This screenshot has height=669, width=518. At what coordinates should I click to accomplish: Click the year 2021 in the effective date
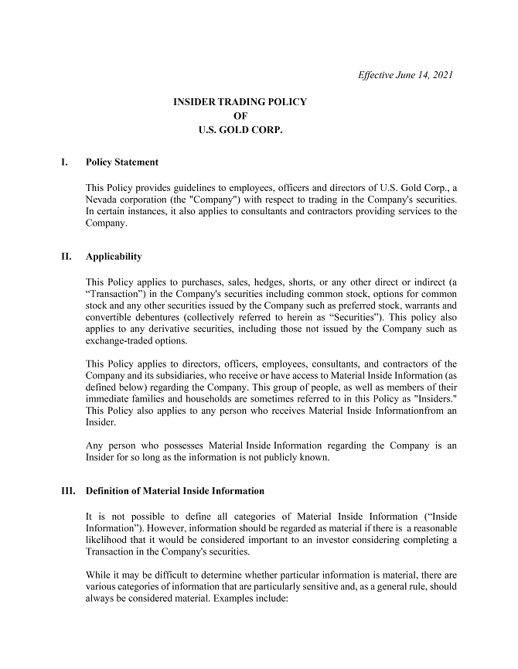(441, 75)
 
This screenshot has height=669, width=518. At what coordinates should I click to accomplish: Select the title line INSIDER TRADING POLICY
(240, 102)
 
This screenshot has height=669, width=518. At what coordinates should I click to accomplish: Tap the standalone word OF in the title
(240, 116)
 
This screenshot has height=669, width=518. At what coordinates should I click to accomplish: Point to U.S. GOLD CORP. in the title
(240, 131)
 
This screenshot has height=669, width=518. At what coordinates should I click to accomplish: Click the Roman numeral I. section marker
(63, 162)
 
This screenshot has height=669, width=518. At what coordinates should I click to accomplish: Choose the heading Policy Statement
(122, 162)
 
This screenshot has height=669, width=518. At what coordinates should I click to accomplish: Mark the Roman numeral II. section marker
(65, 257)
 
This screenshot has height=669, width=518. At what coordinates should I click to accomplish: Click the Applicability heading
(114, 257)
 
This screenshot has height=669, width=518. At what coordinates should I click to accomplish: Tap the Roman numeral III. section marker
(67, 491)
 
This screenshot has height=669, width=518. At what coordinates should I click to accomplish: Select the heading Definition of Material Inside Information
(175, 491)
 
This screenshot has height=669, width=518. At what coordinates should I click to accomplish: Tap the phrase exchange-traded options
(135, 340)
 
